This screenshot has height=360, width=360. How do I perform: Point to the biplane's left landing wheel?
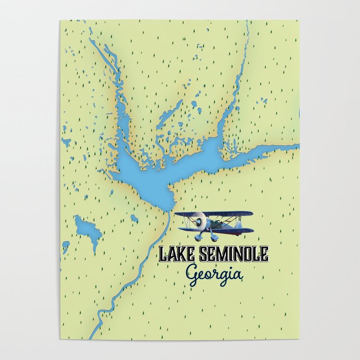(x=199, y=238)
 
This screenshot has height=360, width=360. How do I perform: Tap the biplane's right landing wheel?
(x=214, y=238)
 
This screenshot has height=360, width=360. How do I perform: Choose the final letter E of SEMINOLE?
(x=263, y=254)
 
